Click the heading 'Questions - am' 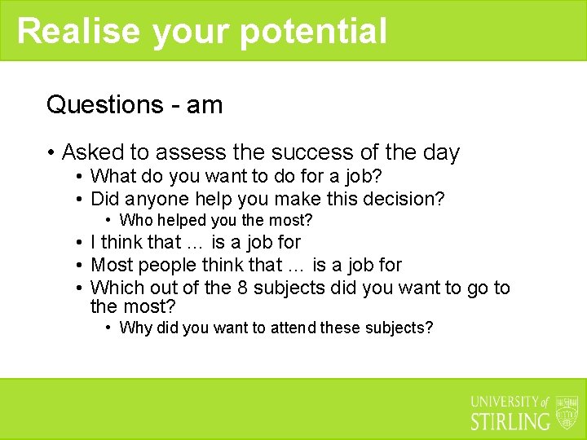[x=135, y=104]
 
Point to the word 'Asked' [x=91, y=152]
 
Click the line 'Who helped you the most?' [x=215, y=220]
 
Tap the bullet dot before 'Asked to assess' [x=51, y=153]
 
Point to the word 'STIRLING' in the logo [x=510, y=421]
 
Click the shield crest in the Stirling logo [x=567, y=412]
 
